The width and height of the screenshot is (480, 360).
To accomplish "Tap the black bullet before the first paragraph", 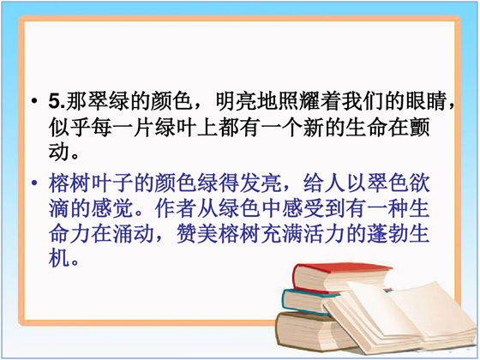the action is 35,101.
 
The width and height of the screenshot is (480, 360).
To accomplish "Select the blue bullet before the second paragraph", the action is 35,183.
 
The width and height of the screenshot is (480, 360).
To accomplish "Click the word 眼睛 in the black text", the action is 426,101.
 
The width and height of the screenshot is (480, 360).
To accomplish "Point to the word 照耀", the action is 299,101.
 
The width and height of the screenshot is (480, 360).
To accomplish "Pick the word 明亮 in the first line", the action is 235,101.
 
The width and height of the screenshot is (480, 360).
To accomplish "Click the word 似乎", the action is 69,127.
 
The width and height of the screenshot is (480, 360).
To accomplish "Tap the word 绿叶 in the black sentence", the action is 176,127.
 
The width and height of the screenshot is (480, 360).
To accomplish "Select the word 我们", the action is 362,101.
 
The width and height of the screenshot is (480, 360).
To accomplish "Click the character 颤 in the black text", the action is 419,127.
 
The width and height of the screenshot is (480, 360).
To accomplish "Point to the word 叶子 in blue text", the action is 111,183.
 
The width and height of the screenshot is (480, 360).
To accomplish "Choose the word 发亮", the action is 261,183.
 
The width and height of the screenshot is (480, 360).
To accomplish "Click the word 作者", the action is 176,209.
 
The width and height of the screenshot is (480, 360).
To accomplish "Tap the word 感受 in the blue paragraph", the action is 303,209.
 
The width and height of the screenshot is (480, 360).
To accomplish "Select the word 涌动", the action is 133,235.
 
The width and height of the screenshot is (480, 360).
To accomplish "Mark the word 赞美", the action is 196,235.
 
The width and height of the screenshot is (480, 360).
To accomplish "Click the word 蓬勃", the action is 387,235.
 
